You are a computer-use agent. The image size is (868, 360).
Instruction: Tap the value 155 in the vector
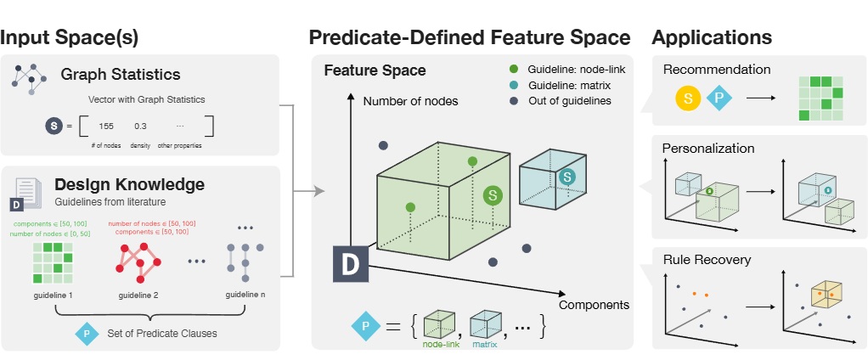[106, 126]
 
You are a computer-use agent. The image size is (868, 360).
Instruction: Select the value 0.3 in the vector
[140, 126]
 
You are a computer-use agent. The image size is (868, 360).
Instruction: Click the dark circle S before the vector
[54, 127]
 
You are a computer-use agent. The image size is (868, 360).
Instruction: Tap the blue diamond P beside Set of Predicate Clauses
[86, 333]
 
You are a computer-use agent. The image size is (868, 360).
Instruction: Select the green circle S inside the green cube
[491, 195]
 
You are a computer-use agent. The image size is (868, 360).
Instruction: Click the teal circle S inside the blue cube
[567, 176]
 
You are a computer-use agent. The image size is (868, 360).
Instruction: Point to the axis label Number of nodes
[410, 101]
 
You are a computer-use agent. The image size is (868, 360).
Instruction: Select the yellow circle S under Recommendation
[687, 98]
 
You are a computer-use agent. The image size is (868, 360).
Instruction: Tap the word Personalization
[708, 148]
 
